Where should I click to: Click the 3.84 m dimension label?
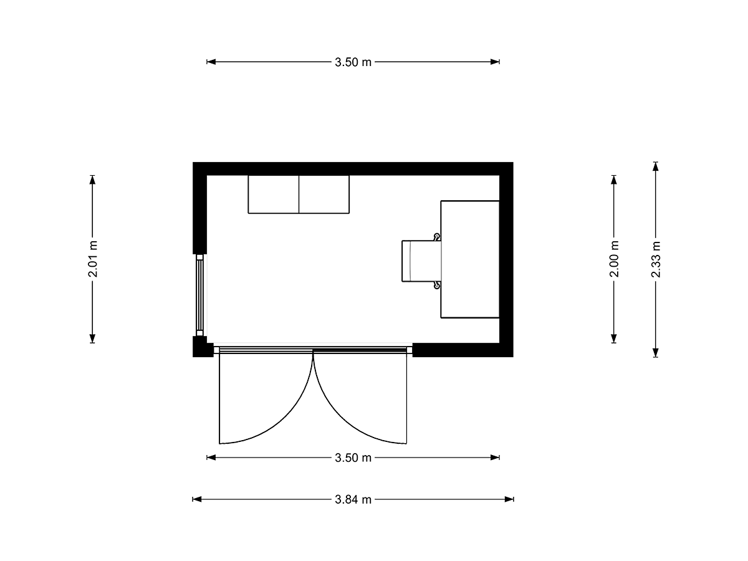[x=353, y=499]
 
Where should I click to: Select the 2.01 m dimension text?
[x=93, y=259]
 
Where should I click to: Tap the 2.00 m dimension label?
[x=614, y=259]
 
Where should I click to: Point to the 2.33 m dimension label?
[x=655, y=259]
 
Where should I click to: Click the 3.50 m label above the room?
[x=353, y=62]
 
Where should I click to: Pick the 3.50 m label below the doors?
[x=353, y=458]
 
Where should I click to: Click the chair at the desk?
[x=422, y=261]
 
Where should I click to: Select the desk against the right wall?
[x=470, y=259]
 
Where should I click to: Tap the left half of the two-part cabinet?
[x=274, y=194]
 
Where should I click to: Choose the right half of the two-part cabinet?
[x=324, y=194]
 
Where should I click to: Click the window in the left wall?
[x=199, y=295]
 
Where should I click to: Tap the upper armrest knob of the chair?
[x=436, y=237]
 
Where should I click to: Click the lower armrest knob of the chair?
[x=436, y=285]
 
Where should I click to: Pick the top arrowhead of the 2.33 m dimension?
[x=655, y=166]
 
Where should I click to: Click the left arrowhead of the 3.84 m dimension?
[x=197, y=499]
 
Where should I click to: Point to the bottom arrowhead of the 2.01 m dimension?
[x=92, y=338]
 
